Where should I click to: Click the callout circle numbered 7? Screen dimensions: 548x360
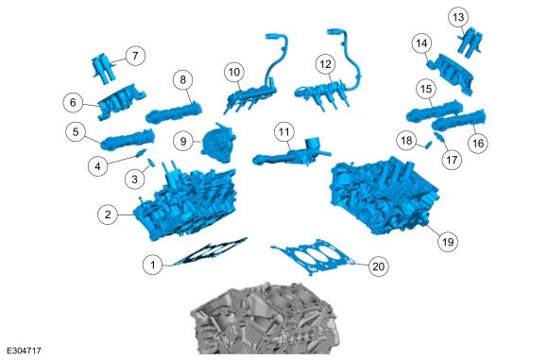pyautogui.click(x=135, y=55)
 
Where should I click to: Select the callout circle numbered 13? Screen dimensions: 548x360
pyautogui.click(x=458, y=17)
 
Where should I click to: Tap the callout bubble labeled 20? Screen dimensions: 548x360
pyautogui.click(x=379, y=266)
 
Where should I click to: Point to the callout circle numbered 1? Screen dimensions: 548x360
pyautogui.click(x=153, y=265)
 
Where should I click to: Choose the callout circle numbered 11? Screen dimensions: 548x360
pyautogui.click(x=283, y=132)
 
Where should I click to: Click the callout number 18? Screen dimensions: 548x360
pyautogui.click(x=406, y=141)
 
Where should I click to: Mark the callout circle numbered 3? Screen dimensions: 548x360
pyautogui.click(x=134, y=180)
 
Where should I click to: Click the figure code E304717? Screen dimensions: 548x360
pyautogui.click(x=25, y=351)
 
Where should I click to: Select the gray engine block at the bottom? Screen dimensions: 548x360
pyautogui.click(x=264, y=319)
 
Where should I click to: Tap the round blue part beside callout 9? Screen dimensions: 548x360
pyautogui.click(x=217, y=143)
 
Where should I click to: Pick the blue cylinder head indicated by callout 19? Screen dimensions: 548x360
pyautogui.click(x=384, y=196)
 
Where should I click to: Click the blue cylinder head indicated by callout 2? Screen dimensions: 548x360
pyautogui.click(x=185, y=203)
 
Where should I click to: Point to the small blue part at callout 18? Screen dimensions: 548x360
pyautogui.click(x=427, y=144)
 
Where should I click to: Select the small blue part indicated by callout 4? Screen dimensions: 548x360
pyautogui.click(x=141, y=153)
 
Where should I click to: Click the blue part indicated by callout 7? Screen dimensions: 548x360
pyautogui.click(x=104, y=68)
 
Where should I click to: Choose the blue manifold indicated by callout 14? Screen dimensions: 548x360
pyautogui.click(x=452, y=74)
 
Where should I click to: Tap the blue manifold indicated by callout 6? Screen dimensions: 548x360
pyautogui.click(x=121, y=102)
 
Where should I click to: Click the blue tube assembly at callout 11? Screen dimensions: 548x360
pyautogui.click(x=292, y=154)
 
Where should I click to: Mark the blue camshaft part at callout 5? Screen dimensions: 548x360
pyautogui.click(x=128, y=140)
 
